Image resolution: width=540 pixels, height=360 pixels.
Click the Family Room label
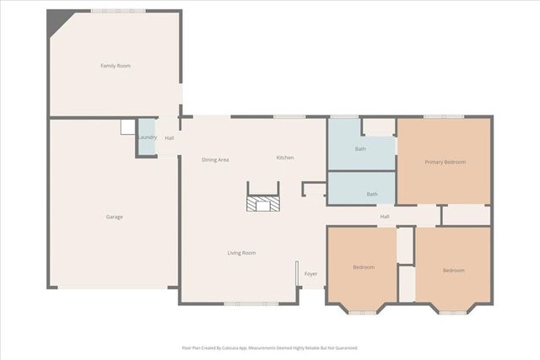(116, 66)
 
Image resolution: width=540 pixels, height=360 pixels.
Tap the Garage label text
(114, 217)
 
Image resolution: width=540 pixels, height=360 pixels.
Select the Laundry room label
(147, 137)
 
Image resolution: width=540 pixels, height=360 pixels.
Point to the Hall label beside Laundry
(170, 137)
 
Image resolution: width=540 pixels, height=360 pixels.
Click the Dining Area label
(215, 159)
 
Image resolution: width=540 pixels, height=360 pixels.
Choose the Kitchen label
(285, 158)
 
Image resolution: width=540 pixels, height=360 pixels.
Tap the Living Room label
(241, 253)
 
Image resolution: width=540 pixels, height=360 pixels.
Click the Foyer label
(310, 273)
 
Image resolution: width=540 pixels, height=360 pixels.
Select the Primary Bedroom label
(445, 162)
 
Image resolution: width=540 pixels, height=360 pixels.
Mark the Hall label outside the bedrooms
(385, 217)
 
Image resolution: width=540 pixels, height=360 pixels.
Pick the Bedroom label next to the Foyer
(364, 267)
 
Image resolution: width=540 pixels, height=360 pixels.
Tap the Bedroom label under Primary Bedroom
(453, 270)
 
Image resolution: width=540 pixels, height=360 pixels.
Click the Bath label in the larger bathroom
(360, 149)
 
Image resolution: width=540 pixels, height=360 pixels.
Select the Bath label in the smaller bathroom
(372, 194)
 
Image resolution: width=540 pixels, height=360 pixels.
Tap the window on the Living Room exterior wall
(246, 304)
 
